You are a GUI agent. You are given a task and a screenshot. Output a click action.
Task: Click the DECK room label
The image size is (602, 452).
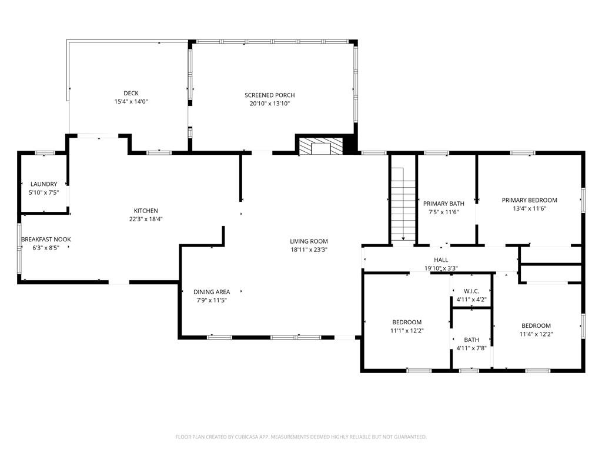[x=131, y=93]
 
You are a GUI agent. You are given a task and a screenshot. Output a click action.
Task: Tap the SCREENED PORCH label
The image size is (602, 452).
[x=269, y=95]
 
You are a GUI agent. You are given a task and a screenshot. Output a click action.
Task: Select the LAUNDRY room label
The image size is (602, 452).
[x=44, y=184]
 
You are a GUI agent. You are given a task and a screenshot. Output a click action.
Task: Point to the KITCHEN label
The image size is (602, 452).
[x=146, y=211]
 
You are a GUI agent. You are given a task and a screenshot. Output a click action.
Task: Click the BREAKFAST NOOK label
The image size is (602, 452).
[x=46, y=239]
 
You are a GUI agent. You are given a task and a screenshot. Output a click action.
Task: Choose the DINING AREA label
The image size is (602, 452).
[x=212, y=292]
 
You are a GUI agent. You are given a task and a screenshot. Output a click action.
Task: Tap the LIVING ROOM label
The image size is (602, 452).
[x=309, y=241]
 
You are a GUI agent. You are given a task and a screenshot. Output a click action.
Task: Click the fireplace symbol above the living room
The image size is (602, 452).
[x=321, y=147]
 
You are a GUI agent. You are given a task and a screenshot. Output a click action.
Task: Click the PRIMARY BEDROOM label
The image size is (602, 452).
[x=529, y=200]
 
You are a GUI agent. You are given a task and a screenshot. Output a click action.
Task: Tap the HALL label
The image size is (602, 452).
[x=441, y=260]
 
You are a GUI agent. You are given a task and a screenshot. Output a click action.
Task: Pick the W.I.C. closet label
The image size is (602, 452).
[x=471, y=291]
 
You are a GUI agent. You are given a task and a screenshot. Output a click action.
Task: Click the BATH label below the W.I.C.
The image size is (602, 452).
[x=471, y=340]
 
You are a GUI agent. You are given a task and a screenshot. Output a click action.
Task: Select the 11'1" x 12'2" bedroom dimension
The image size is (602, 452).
[x=407, y=331]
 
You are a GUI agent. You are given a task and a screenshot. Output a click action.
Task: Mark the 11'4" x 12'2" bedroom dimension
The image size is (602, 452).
[x=536, y=334]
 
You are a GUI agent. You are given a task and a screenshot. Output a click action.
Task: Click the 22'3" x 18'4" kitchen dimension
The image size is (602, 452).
[x=146, y=219]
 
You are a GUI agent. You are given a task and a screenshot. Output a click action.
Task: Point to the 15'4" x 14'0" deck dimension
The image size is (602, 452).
[x=131, y=102]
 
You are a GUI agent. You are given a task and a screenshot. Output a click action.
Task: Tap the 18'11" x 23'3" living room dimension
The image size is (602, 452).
[x=309, y=250]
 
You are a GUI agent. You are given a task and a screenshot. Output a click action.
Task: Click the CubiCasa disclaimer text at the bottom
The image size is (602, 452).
[x=301, y=437]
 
